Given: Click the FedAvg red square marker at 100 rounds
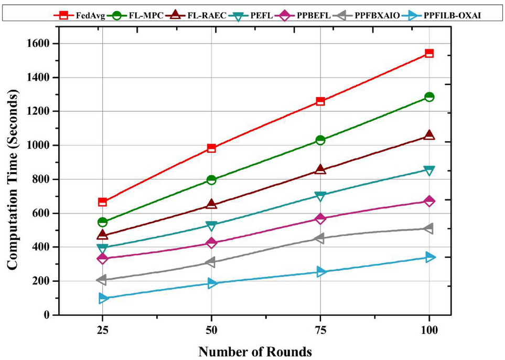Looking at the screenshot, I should click(429, 53).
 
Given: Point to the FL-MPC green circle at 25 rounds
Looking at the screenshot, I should click(102, 222).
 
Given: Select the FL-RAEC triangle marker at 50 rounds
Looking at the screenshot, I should click(211, 204).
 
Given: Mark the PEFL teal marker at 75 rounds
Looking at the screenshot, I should click(320, 196).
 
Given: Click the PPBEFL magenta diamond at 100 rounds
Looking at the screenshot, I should click(429, 201).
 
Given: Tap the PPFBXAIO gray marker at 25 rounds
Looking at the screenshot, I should click(102, 280).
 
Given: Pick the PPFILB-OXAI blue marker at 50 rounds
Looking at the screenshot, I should click(211, 283).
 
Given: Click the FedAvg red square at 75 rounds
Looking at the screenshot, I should click(320, 101).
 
